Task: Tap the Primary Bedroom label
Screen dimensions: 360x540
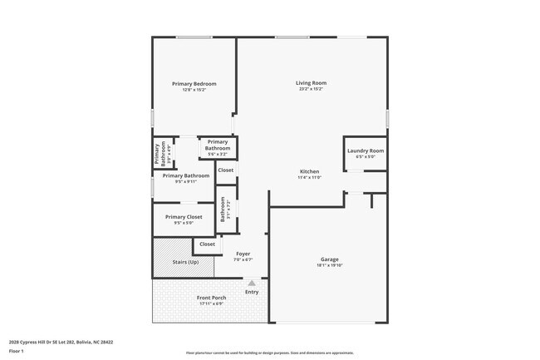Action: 194,84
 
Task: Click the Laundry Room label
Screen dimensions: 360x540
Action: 366,150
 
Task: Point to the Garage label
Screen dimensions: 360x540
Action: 329,259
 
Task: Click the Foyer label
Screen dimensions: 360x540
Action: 243,254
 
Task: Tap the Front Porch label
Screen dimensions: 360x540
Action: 211,298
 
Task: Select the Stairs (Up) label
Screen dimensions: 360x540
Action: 185,262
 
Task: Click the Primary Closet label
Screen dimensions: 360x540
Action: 183,217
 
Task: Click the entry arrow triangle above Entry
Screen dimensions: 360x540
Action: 251,283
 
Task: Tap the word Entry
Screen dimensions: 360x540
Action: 252,292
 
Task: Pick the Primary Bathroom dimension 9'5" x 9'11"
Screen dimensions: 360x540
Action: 185,181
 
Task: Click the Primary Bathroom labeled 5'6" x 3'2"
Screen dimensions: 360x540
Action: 218,145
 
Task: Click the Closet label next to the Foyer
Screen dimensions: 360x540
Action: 207,244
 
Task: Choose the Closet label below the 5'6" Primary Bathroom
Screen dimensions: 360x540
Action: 225,170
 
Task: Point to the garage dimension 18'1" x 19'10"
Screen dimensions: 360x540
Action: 329,266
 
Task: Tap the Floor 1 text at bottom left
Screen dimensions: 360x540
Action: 17,352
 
